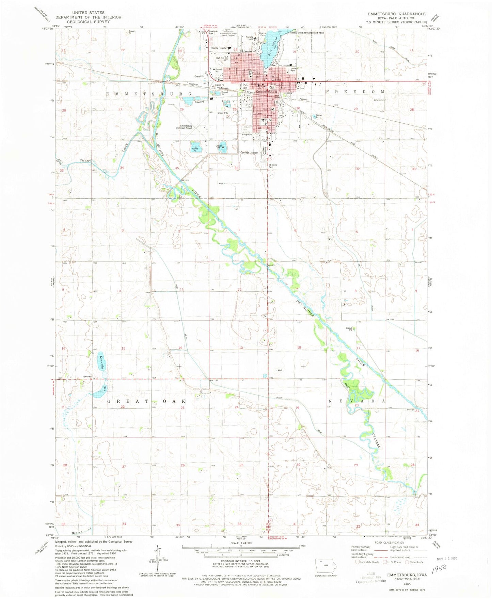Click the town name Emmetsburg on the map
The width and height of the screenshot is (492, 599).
pyautogui.click(x=267, y=91)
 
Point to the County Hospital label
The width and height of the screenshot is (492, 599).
pyautogui.click(x=219, y=48)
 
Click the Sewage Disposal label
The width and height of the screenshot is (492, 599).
pyautogui.click(x=250, y=153)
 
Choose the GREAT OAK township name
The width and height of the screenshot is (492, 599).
pyautogui.click(x=146, y=401)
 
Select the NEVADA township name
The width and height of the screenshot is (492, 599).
pyautogui.click(x=356, y=401)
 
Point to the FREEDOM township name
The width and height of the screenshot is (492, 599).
pyautogui.click(x=355, y=92)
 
